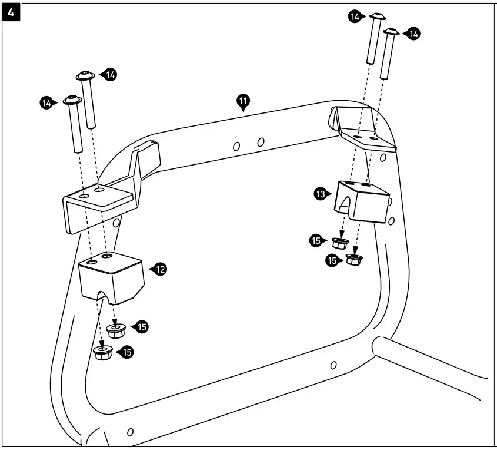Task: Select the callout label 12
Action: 159,269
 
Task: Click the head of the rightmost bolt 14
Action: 391,31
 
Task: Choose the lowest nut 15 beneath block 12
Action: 104,353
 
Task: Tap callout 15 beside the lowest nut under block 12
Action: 125,352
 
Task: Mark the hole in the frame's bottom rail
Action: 333,365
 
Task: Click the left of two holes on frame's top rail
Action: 236,145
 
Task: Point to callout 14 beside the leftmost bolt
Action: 47,102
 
